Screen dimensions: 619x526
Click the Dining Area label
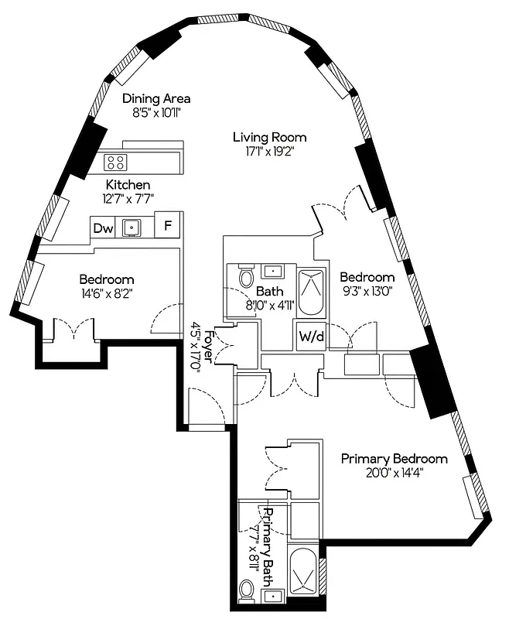tap(157, 98)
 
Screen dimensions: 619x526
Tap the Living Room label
tap(269, 137)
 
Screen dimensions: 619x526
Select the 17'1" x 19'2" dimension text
tap(269, 152)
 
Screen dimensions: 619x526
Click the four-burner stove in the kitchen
tap(116, 162)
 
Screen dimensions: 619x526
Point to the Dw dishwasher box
tap(103, 228)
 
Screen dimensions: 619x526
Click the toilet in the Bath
tap(246, 276)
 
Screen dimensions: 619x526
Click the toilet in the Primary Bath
tap(248, 591)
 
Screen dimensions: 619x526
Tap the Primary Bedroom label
tap(394, 458)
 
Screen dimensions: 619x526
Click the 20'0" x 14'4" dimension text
tap(394, 473)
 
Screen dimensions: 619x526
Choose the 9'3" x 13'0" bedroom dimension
tap(367, 292)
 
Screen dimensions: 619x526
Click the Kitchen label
tap(128, 185)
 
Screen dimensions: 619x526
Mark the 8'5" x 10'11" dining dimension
tap(157, 113)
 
